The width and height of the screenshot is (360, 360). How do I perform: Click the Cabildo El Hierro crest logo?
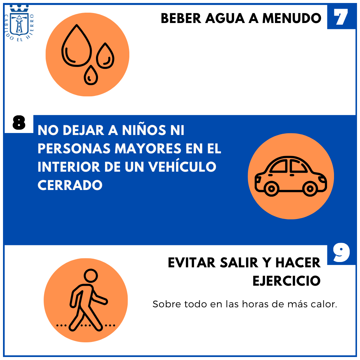20,23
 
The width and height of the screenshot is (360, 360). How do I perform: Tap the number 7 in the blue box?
341,17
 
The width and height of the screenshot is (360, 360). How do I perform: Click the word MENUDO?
292,18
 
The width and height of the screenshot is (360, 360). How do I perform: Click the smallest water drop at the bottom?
91,75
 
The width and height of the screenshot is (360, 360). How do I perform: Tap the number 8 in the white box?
19,123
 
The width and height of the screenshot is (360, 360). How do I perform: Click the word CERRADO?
70,185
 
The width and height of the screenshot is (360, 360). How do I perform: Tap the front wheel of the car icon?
310,189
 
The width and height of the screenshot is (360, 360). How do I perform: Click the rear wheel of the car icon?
271,189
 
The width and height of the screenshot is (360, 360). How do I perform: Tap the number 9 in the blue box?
341,253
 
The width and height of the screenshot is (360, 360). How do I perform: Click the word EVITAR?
192,263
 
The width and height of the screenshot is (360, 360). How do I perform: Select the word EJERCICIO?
287,281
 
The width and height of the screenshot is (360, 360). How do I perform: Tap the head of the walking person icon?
91,276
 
